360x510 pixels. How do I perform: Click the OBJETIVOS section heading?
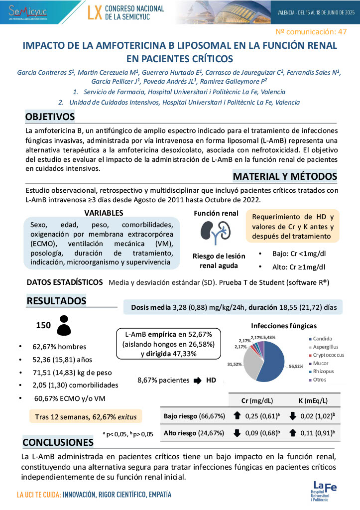(x=50, y=117)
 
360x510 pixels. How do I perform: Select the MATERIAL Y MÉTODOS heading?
(x=285, y=177)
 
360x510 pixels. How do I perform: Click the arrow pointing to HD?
(x=197, y=381)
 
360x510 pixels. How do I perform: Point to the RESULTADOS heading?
(x=56, y=301)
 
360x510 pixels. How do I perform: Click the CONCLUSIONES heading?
(x=58, y=442)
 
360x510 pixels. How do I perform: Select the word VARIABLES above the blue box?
(x=104, y=213)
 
